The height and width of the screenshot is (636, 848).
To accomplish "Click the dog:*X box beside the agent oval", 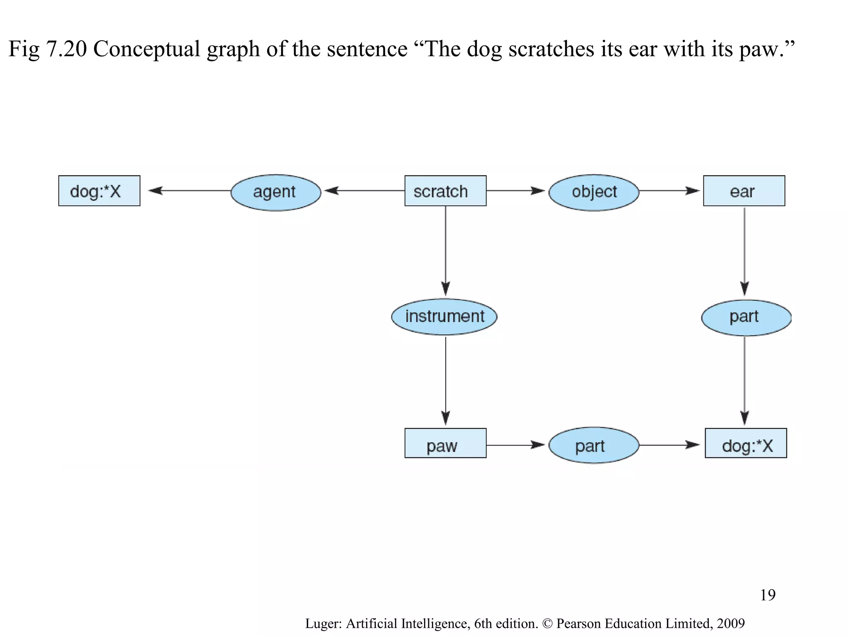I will [x=99, y=191].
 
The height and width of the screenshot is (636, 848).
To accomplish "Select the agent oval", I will [x=276, y=192].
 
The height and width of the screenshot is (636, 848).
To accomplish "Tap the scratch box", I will [x=445, y=191].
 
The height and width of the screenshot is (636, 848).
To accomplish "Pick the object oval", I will [x=594, y=192].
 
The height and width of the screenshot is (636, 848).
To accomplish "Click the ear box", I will [x=744, y=191].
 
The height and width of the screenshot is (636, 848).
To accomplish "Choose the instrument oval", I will [x=444, y=317].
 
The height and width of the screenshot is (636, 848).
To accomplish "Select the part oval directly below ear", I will [x=746, y=318].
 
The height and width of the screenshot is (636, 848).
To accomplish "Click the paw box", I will [x=445, y=443].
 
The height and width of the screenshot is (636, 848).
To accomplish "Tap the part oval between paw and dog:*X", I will [x=594, y=445].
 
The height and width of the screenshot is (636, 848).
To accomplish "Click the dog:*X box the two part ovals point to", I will [x=746, y=443].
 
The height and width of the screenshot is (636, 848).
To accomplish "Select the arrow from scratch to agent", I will [x=364, y=190].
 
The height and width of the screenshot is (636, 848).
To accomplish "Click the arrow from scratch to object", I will [x=516, y=190].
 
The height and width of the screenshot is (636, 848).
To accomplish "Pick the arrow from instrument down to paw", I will [x=446, y=381].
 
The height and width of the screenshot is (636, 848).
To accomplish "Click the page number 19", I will [x=767, y=595].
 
